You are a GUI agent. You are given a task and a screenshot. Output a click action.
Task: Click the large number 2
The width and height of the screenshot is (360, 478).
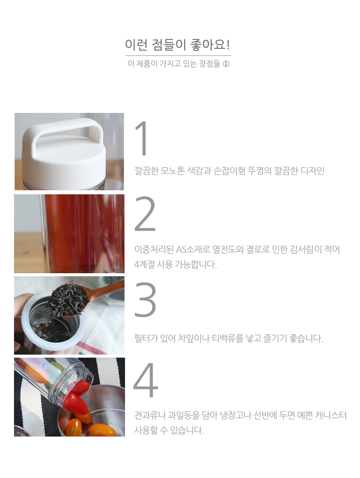pyautogui.click(x=145, y=214)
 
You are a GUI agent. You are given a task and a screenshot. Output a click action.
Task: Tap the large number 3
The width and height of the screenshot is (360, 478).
pyautogui.click(x=145, y=300)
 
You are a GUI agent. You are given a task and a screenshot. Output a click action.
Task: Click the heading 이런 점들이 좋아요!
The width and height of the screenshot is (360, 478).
pyautogui.click(x=177, y=45)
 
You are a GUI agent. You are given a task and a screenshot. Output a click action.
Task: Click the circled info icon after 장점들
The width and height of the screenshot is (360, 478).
pyautogui.click(x=226, y=64)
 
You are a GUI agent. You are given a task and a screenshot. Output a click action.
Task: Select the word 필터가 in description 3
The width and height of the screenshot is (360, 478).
pyautogui.click(x=145, y=338)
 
